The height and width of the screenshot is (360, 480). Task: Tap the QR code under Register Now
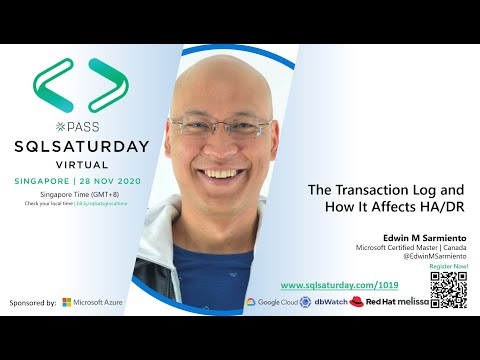[448, 289]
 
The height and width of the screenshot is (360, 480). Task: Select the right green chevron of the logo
[108, 84]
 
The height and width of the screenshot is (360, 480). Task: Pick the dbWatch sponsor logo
[325, 301]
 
